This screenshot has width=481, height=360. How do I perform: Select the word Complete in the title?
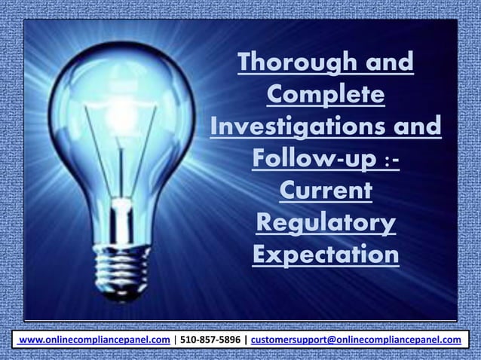[x=326, y=95]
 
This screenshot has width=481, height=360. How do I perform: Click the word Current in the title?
[x=326, y=191]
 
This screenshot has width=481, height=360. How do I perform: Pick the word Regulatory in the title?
[x=326, y=223]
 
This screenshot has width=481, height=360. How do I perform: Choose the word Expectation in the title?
[x=326, y=255]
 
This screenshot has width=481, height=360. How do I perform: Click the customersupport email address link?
[x=356, y=340]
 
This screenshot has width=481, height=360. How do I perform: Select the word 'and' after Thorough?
[x=390, y=63]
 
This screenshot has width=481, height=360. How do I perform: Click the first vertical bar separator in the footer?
[x=175, y=340]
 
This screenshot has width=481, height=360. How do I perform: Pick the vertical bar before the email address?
[x=245, y=340]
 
